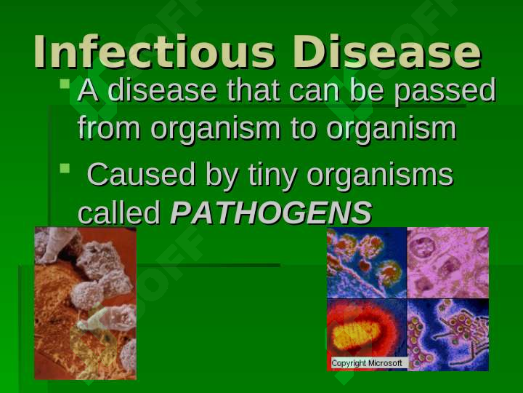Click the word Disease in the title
tap(387, 52)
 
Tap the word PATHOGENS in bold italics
tap(271, 213)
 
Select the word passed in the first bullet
tap(445, 90)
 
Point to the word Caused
tap(141, 175)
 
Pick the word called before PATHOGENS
tap(119, 213)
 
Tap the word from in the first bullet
tap(109, 127)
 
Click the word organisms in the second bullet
tap(380, 176)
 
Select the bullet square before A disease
tap(65, 84)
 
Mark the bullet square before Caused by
tap(65, 168)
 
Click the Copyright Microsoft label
tap(367, 363)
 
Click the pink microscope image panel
tap(448, 263)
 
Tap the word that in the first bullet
tap(254, 90)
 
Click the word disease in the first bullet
tap(163, 90)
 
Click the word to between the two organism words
tap(303, 128)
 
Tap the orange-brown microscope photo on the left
tap(86, 303)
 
